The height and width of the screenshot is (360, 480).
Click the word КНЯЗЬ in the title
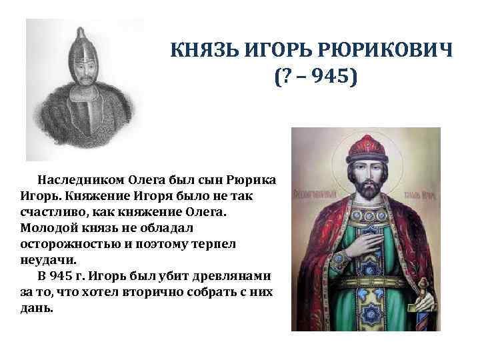tap(198, 51)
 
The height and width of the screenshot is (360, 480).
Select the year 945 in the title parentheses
tap(332, 78)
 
